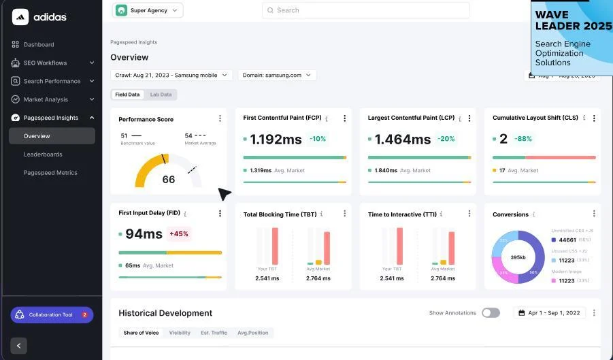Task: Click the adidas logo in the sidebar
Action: (x=39, y=17)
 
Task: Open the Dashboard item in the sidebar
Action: (x=38, y=45)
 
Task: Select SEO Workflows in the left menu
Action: (x=45, y=63)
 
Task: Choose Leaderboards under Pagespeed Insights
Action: (x=43, y=154)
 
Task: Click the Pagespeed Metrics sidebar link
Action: (x=50, y=173)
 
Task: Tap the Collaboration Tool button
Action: (x=52, y=315)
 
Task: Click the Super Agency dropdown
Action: (x=148, y=10)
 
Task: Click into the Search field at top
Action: (x=365, y=10)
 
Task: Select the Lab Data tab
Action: (x=161, y=95)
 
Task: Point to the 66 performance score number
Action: (x=168, y=180)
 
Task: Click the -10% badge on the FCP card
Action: (x=318, y=139)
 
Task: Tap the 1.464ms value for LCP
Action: (x=403, y=140)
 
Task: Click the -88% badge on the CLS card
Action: (x=523, y=139)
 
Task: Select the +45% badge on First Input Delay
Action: (x=179, y=234)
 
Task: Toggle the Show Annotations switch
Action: (x=491, y=313)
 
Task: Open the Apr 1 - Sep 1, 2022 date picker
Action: (x=549, y=313)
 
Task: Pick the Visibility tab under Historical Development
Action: (x=180, y=333)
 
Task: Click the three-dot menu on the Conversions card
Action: (x=594, y=214)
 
